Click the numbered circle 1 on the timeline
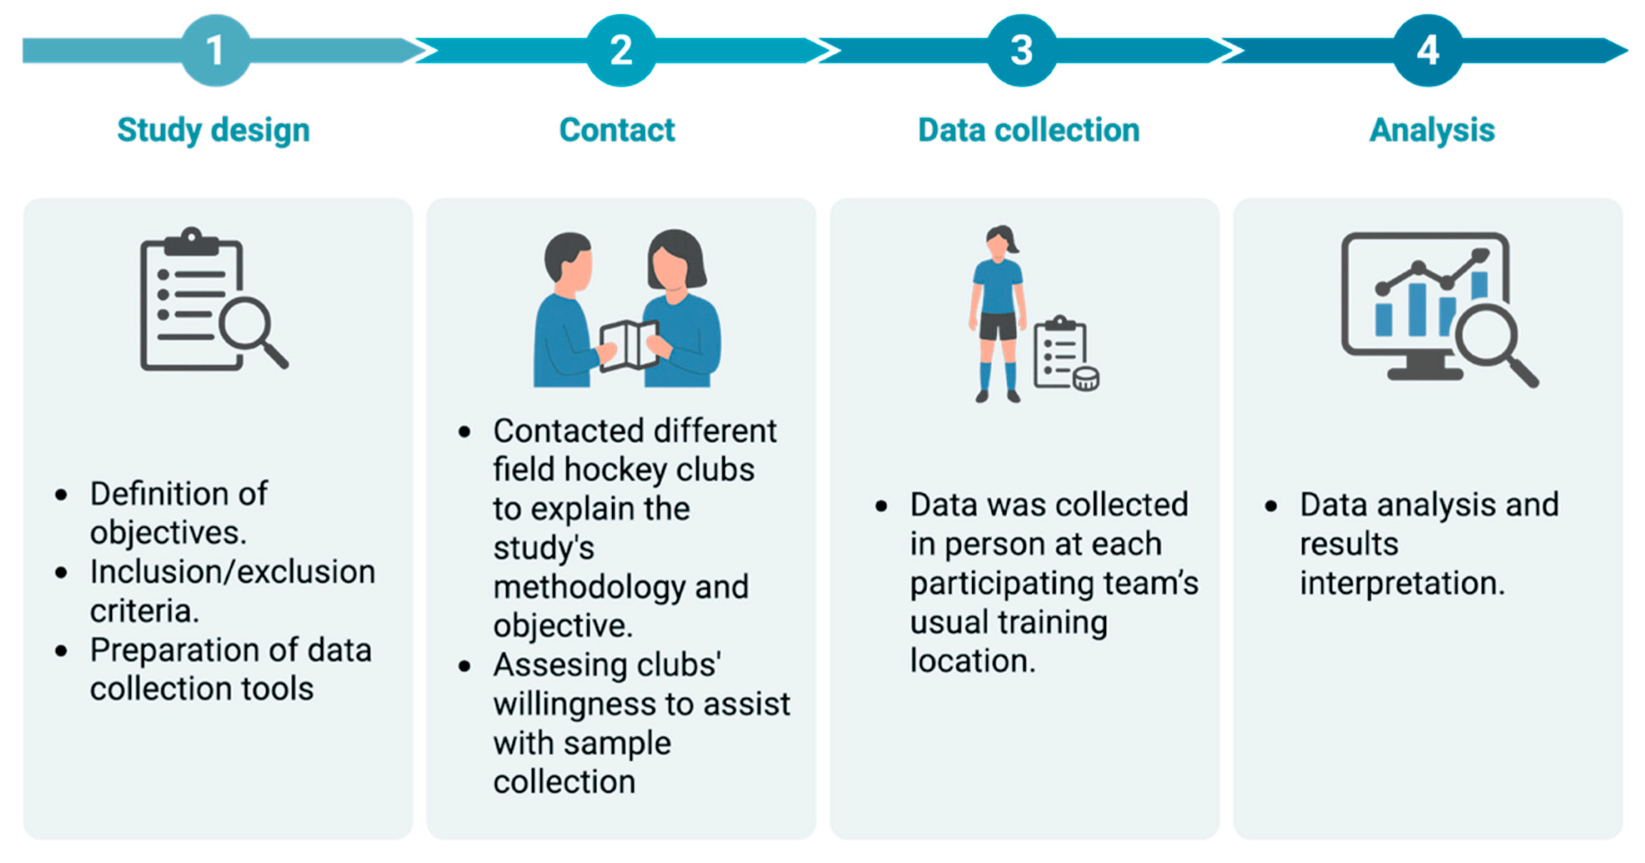tap(215, 50)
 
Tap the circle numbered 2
tap(621, 50)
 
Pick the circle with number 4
tap(1427, 50)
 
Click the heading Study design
tap(213, 130)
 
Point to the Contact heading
tap(617, 130)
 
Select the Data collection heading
tap(1028, 130)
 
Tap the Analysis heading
tap(1432, 130)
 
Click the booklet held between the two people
tap(629, 345)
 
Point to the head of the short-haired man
tap(567, 262)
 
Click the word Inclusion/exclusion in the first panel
tap(233, 572)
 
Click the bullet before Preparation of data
tap(61, 651)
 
